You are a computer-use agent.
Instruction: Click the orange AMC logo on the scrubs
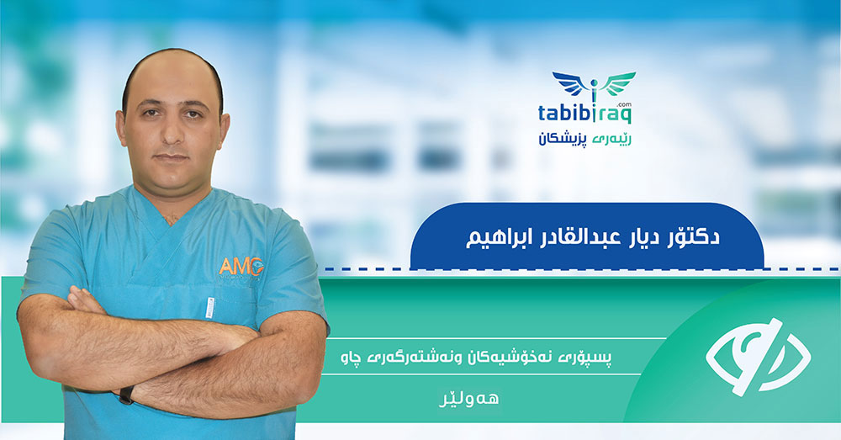pos(241,266)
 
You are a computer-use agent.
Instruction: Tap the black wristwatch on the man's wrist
pos(127,395)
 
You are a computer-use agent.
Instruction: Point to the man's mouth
pos(172,158)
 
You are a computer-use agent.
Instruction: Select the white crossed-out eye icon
pos(758,357)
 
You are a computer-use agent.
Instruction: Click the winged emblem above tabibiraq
pos(593,87)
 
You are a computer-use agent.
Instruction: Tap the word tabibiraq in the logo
pos(584,114)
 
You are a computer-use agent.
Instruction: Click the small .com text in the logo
pos(624,104)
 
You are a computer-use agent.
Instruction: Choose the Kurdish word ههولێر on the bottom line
pos(468,399)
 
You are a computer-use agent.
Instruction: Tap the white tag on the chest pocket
pos(209,307)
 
